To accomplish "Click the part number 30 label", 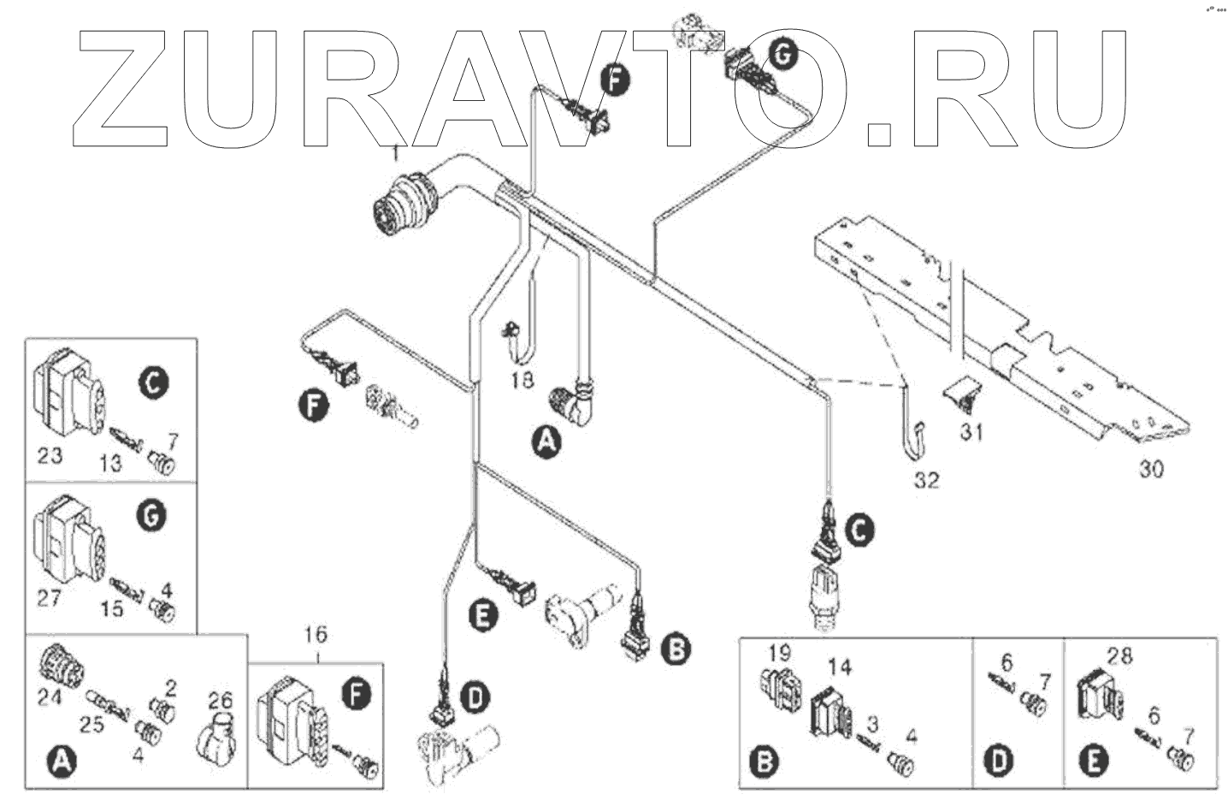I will click(1150, 469).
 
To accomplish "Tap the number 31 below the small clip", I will click(971, 433).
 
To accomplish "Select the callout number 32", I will click(926, 480).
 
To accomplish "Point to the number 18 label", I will click(522, 381).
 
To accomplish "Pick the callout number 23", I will click(50, 454).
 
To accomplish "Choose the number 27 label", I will click(49, 597).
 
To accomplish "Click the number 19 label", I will click(779, 654).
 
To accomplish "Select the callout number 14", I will click(841, 666).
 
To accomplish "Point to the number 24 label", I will click(50, 698).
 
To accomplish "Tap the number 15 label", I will click(111, 608).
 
